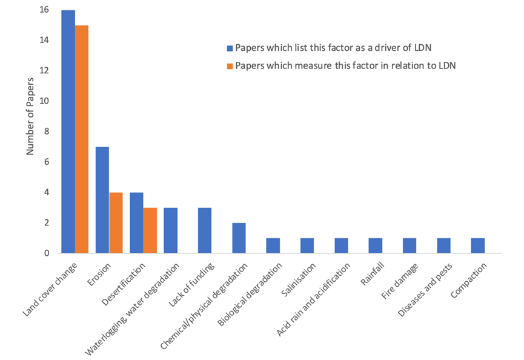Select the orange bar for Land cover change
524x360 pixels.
click(82, 139)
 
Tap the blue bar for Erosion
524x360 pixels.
click(102, 200)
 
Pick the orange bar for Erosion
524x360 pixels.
click(116, 222)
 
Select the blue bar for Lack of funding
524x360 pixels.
click(204, 230)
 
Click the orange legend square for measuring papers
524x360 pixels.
click(230, 66)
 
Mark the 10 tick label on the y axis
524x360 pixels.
click(45, 101)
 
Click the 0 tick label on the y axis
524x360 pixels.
click(47, 253)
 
